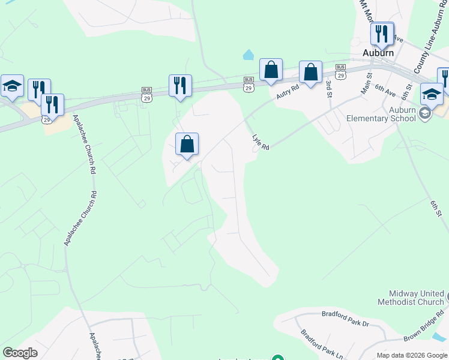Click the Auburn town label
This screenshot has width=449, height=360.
(378, 53)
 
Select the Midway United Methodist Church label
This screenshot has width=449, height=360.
(411, 298)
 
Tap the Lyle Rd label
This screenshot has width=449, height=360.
(261, 142)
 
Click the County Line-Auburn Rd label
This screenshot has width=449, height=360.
(427, 55)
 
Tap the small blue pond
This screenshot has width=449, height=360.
(248, 55)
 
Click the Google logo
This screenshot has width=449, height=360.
(20, 353)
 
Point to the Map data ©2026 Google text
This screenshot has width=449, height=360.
(411, 355)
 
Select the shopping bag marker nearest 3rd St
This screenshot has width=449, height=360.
(310, 73)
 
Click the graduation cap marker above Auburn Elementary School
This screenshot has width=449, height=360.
(432, 94)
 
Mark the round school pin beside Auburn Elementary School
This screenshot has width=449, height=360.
(425, 113)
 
